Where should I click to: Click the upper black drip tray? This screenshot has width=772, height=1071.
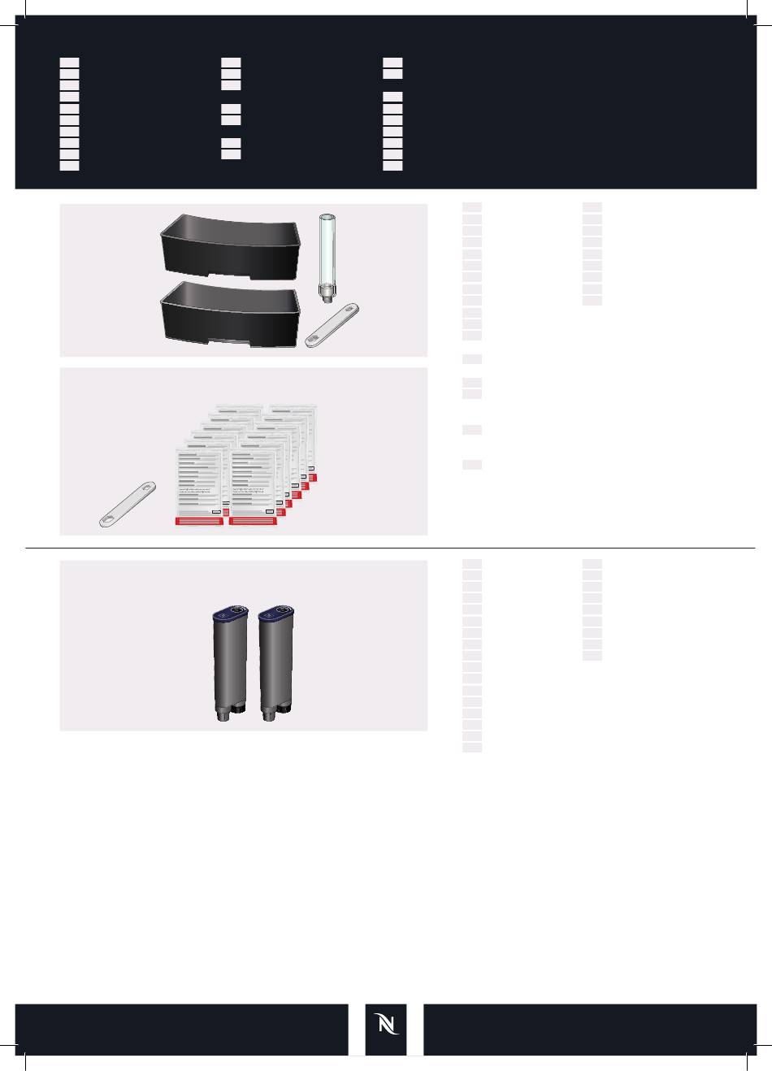(232, 244)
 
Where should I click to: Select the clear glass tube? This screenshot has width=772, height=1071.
(327, 252)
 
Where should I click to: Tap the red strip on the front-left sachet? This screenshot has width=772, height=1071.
(200, 521)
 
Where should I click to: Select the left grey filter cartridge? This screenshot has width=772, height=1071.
(230, 662)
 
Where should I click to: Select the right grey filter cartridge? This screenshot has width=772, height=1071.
(275, 662)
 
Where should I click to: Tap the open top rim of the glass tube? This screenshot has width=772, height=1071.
(327, 215)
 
